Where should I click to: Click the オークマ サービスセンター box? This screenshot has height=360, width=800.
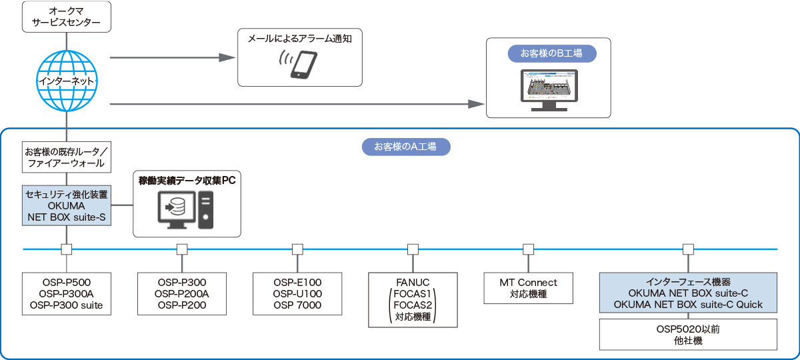[x=66, y=17]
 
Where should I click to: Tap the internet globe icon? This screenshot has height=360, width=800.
[x=67, y=80]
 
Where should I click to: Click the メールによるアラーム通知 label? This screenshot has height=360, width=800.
[x=299, y=39]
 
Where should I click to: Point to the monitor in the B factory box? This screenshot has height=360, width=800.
[x=549, y=89]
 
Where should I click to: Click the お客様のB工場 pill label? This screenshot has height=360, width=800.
[x=549, y=53]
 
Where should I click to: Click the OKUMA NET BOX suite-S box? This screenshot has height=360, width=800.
[x=66, y=205]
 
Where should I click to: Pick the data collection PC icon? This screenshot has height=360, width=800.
[x=186, y=209]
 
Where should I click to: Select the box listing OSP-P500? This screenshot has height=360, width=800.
[x=66, y=293]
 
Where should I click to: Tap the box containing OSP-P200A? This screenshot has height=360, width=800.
[x=182, y=293]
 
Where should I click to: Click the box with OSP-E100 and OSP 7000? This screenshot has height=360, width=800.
[x=297, y=293]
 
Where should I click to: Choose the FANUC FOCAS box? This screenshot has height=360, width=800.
[x=413, y=299]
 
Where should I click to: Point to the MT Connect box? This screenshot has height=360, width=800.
[x=528, y=288]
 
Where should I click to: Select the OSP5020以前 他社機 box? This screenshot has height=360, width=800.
[x=688, y=335]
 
